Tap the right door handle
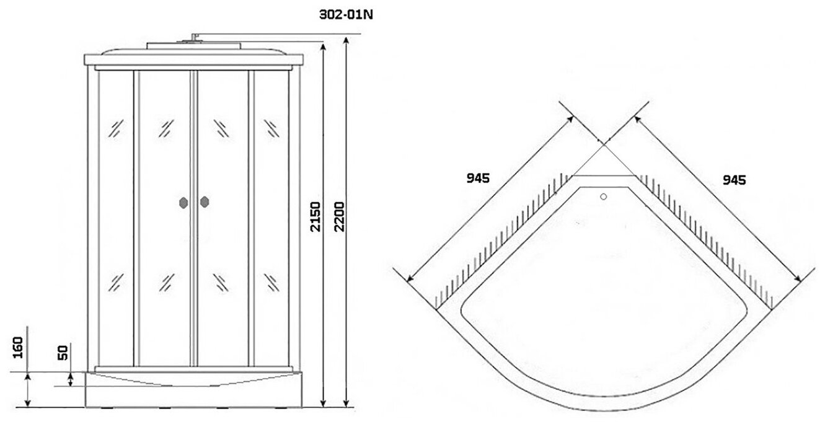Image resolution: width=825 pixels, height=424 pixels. pyautogui.click(x=205, y=201)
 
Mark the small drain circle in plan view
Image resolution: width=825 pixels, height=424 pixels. pyautogui.click(x=604, y=198)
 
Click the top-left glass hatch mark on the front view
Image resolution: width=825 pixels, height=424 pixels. pyautogui.click(x=116, y=128)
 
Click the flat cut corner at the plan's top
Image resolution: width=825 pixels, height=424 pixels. pyautogui.click(x=604, y=175)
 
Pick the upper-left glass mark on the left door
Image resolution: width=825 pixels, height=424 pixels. pyautogui.click(x=165, y=128)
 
